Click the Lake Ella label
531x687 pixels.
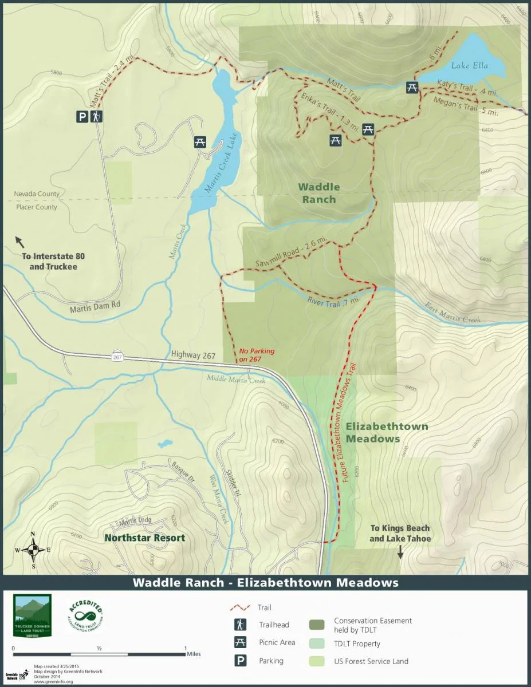tap(469, 65)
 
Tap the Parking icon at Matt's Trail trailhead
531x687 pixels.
tap(82, 117)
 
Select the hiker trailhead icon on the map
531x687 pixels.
tap(97, 117)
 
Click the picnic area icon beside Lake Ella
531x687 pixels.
tap(411, 87)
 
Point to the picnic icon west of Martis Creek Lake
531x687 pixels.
tap(200, 141)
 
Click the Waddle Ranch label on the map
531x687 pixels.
tap(318, 193)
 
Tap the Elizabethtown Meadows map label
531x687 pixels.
tap(387, 433)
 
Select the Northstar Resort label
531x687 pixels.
tap(144, 538)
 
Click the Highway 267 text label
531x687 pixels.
tap(193, 356)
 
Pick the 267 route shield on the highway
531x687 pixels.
tap(117, 357)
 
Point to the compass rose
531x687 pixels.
tap(33, 550)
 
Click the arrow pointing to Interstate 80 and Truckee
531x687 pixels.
tap(19, 240)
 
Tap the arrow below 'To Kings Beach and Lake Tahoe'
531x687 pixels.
tap(400, 551)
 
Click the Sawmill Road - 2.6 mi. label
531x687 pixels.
tap(287, 254)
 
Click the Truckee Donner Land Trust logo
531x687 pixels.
tap(33, 616)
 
